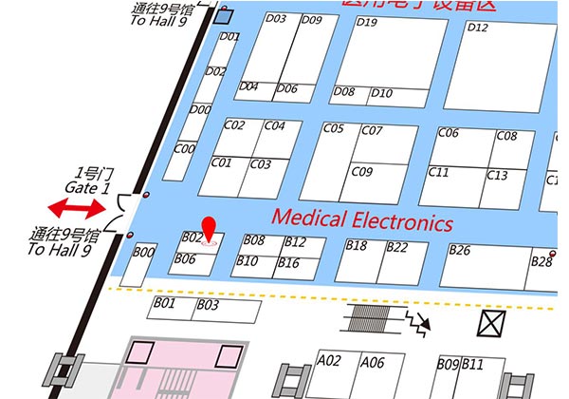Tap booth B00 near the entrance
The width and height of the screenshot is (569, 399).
pyautogui.click(x=143, y=265)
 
